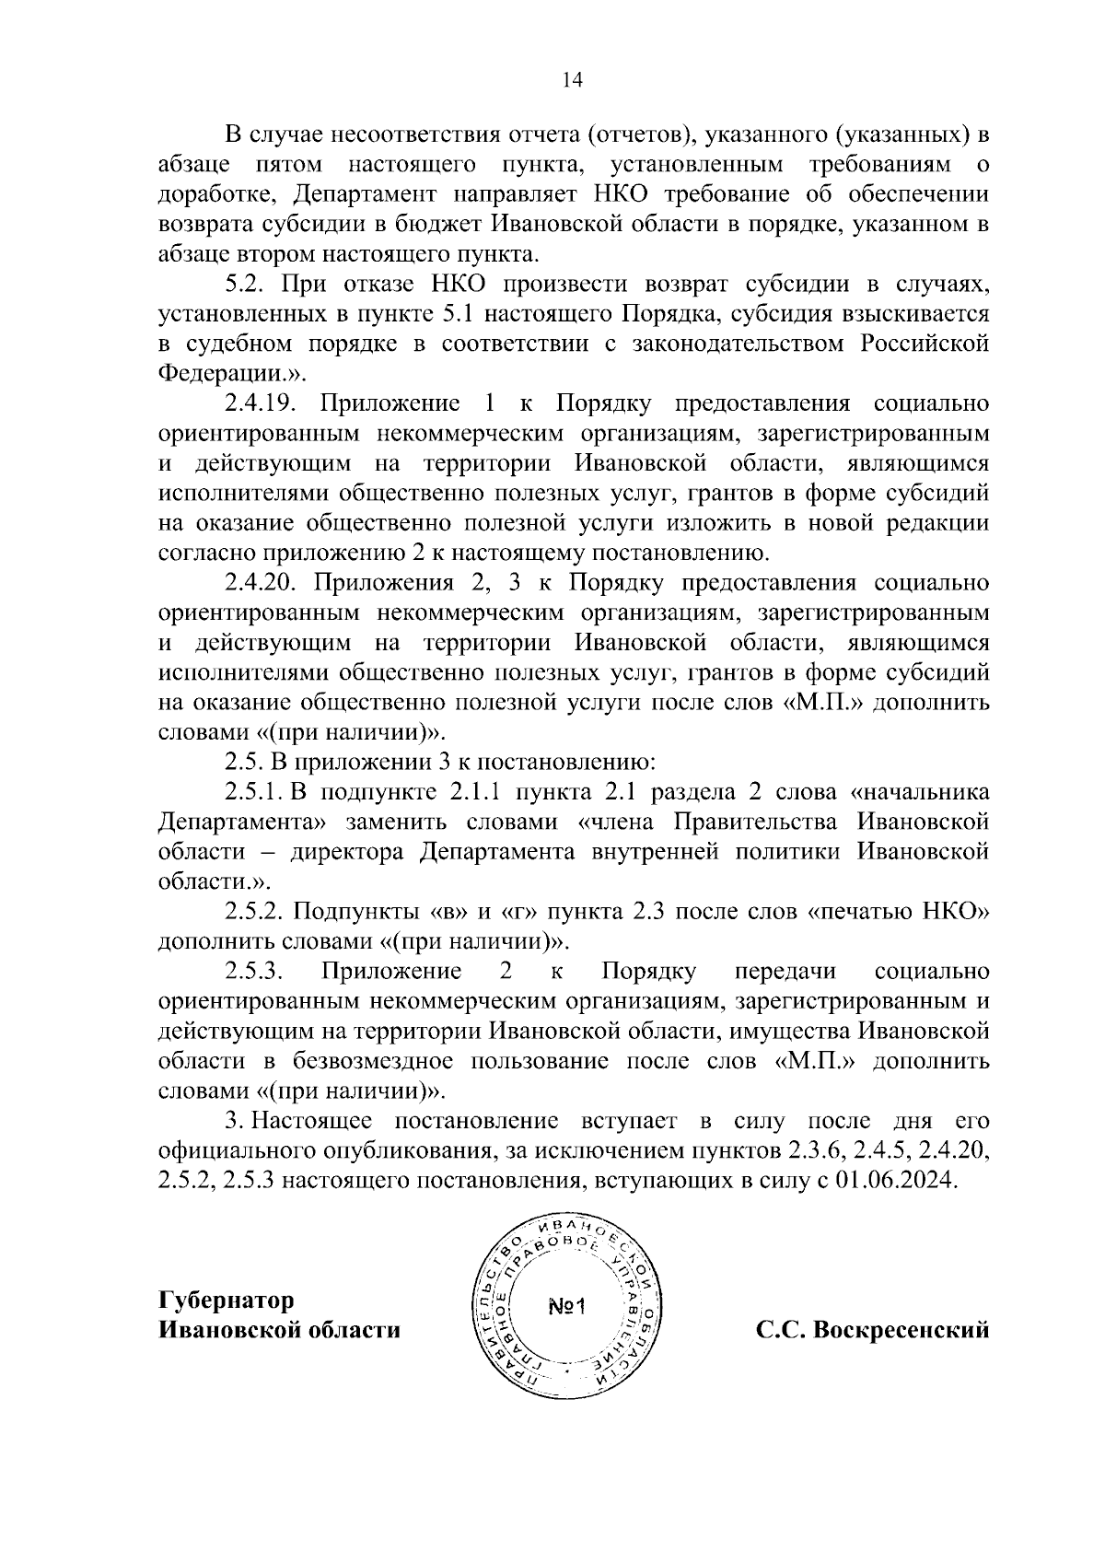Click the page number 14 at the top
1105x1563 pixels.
tap(572, 80)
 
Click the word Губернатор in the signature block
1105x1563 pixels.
tap(227, 1301)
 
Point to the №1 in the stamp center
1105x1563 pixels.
tap(573, 1308)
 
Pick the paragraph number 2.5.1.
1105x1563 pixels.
tap(256, 794)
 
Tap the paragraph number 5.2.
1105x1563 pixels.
tap(246, 285)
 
